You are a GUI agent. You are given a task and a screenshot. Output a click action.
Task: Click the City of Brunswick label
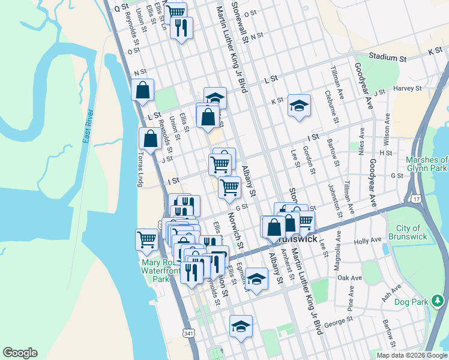pos(411,232)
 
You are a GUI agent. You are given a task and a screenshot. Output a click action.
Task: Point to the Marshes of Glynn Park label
pos(426,164)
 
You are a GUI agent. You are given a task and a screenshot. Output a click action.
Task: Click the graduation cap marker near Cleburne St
pos(299,106)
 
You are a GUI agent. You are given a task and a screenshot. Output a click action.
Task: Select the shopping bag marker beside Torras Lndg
pos(149,139)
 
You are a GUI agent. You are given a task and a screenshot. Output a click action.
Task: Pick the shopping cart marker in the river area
pos(146,239)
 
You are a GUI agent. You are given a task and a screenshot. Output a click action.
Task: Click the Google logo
pos(20,353)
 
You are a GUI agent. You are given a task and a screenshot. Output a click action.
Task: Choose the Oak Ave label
pos(349,278)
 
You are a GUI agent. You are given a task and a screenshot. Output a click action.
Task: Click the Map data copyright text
pos(412,355)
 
